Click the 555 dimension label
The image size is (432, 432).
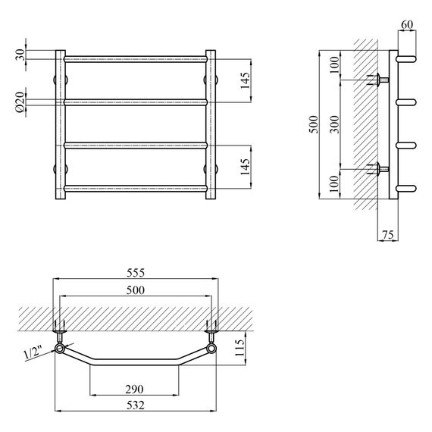[x=136, y=273]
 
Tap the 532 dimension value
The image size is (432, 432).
[x=136, y=405]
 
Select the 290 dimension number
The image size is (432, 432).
[x=134, y=390]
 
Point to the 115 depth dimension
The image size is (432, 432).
[x=239, y=348]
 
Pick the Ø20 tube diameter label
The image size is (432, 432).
[x=20, y=102]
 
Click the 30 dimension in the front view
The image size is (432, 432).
[x=20, y=55]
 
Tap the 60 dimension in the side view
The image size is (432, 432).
[x=407, y=25]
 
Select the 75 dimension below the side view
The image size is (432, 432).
[x=387, y=235]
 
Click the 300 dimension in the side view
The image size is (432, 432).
[x=335, y=124]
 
